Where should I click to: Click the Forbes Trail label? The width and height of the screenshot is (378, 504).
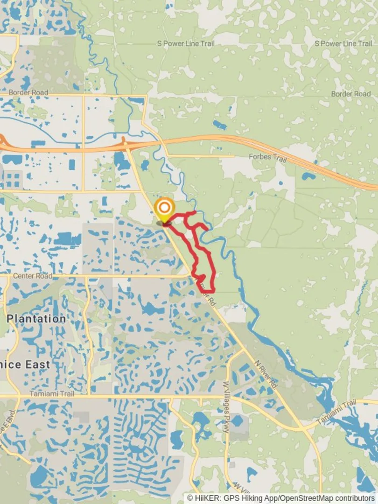(x=267, y=157)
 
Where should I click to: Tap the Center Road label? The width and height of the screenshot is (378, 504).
(x=33, y=276)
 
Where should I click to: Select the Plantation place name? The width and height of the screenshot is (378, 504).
(x=36, y=319)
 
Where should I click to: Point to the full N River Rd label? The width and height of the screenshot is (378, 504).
(x=266, y=375)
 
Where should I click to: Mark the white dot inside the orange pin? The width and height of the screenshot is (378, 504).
(x=164, y=207)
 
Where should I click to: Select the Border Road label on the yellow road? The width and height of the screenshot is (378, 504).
(x=28, y=92)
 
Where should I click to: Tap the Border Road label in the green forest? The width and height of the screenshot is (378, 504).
(x=351, y=94)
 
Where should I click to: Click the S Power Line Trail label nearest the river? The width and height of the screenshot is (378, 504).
(x=186, y=43)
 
